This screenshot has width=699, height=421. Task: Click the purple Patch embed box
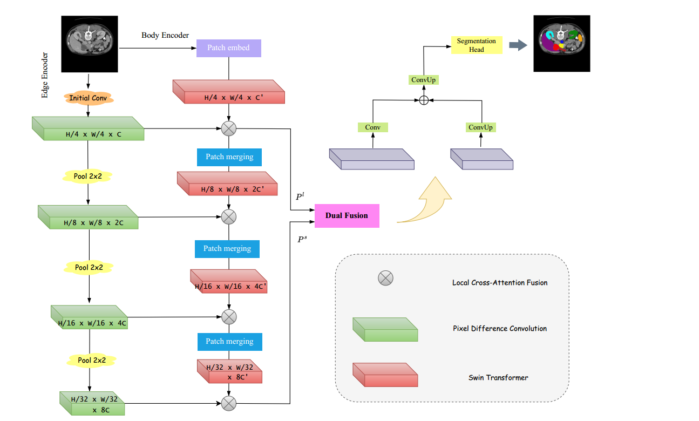point(229,47)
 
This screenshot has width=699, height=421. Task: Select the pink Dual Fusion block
point(347,215)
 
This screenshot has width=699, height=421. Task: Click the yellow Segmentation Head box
point(477,45)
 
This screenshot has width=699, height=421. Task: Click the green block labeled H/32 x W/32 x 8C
point(92,403)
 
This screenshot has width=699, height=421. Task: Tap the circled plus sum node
point(424,100)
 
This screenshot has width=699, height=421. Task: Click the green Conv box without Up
point(373,127)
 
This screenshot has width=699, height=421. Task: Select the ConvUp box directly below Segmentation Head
point(424,80)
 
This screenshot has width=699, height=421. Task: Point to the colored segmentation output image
point(562,43)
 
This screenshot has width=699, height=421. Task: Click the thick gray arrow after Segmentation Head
point(518,45)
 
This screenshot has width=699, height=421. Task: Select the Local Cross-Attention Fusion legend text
point(499,282)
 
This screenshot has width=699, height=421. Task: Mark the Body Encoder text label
point(165,36)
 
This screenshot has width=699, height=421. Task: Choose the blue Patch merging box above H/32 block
point(229,341)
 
